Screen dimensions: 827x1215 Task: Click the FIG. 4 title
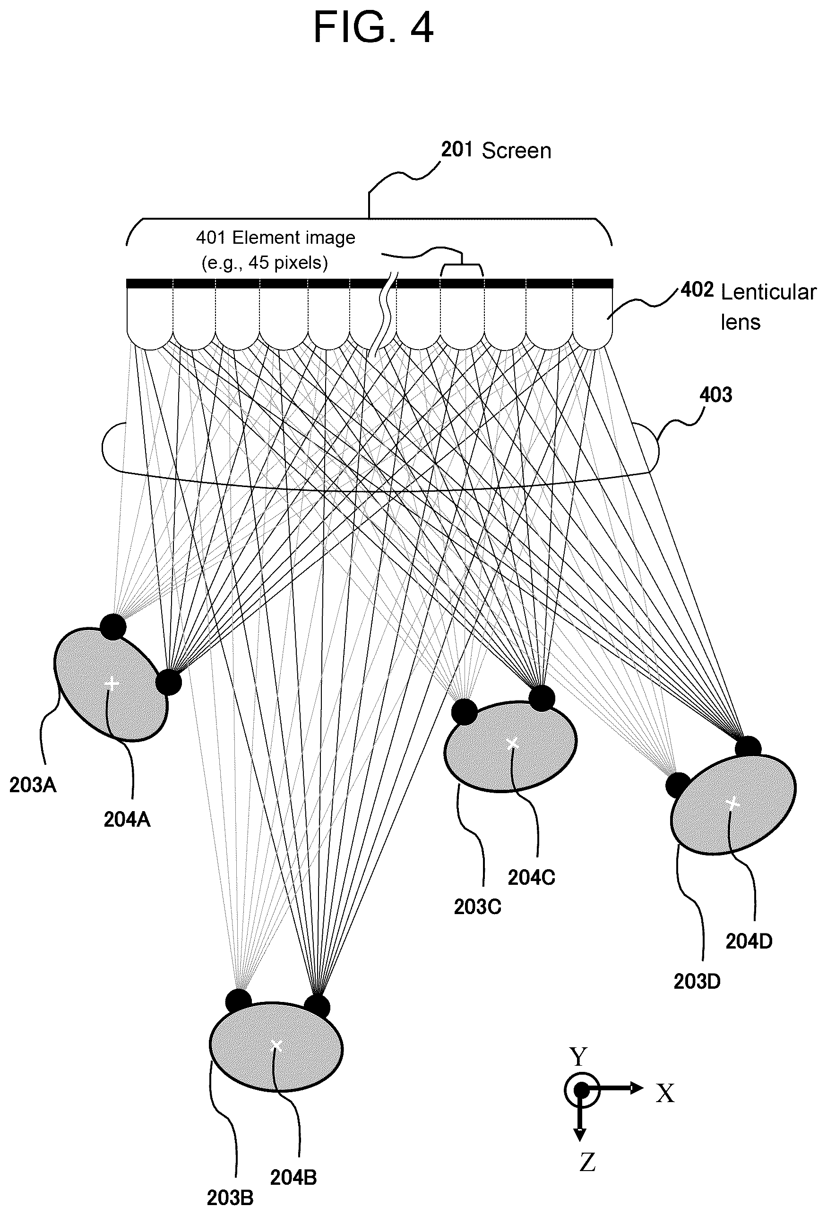click(x=373, y=27)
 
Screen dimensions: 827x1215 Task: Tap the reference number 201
click(x=457, y=150)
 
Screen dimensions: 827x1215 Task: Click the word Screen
click(x=517, y=151)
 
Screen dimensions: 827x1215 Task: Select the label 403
click(x=715, y=395)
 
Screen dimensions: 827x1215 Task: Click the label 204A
click(x=127, y=819)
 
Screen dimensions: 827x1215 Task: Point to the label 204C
click(x=532, y=877)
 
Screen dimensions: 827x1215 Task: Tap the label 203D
click(x=697, y=981)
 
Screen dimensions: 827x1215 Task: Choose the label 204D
click(x=749, y=941)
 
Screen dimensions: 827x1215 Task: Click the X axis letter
click(x=665, y=1093)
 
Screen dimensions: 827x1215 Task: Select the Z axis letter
click(x=587, y=1162)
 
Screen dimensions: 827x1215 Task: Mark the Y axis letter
click(x=578, y=1057)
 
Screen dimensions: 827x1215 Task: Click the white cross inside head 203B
click(x=277, y=1045)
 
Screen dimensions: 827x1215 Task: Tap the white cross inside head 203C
click(x=513, y=743)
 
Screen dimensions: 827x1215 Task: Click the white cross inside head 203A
click(x=112, y=683)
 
